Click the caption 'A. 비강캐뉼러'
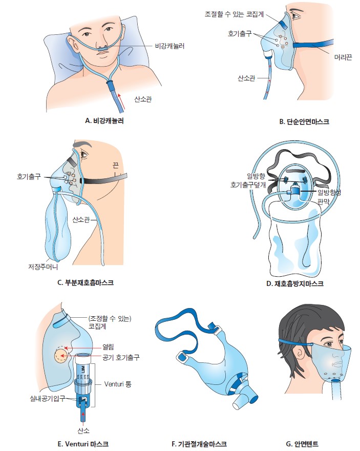[x=104, y=121]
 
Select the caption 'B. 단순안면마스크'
[x=304, y=121]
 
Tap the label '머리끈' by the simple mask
[x=343, y=57]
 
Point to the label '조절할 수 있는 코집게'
[x=234, y=14]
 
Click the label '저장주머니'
[x=43, y=266]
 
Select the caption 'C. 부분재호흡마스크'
[x=86, y=282]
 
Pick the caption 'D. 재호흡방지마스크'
[x=295, y=283]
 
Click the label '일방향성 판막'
[x=329, y=197]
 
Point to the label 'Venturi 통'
[x=118, y=384]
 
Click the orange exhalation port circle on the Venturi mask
[x=60, y=355]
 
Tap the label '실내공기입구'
[x=48, y=398]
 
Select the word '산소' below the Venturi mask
[x=83, y=430]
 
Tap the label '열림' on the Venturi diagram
[x=108, y=347]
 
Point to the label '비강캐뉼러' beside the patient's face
[x=170, y=46]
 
